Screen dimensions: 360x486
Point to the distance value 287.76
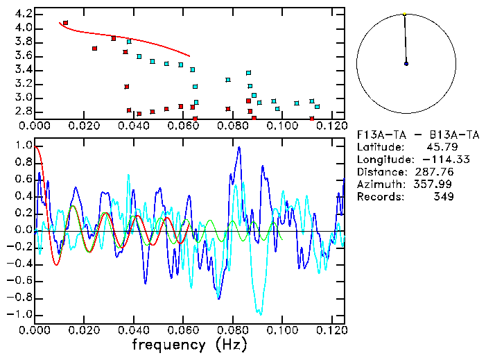tap(435, 171)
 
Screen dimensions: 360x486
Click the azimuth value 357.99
tap(435, 184)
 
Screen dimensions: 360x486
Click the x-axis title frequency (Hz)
tap(189, 344)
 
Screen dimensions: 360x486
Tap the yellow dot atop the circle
tap(404, 13)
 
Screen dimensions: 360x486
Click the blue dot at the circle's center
tap(406, 63)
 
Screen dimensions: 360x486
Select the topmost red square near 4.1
tap(65, 23)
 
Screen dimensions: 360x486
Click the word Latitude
tap(379, 146)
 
